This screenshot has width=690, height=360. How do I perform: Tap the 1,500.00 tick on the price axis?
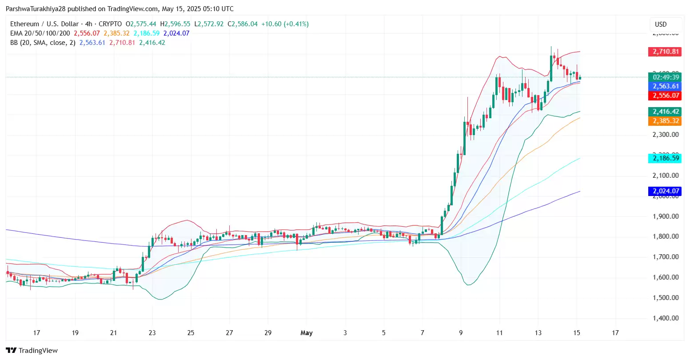[665, 298]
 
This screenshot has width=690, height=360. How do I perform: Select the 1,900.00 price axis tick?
[665, 216]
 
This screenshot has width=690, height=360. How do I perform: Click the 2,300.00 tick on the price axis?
[665, 134]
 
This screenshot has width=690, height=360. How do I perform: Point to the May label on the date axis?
[307, 332]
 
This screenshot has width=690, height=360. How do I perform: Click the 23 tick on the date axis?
[152, 332]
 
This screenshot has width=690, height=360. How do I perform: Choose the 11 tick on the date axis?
[499, 332]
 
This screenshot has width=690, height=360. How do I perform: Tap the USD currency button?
[661, 24]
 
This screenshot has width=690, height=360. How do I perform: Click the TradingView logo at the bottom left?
[32, 351]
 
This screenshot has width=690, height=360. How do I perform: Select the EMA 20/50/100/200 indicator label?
[40, 33]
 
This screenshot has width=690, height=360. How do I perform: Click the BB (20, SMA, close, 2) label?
[43, 43]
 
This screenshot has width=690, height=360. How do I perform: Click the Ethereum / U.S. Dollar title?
[44, 24]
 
